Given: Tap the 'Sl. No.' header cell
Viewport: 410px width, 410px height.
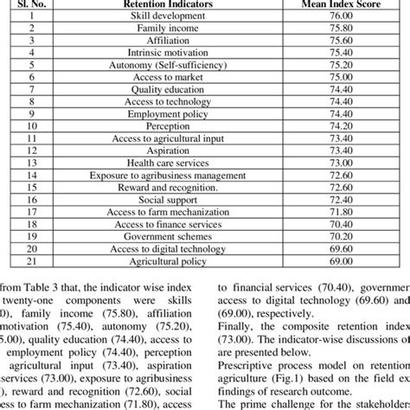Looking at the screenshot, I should pyautogui.click(x=29, y=4).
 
